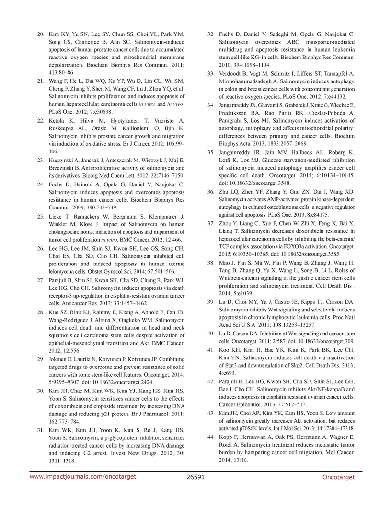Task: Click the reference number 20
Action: point(41,34)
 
